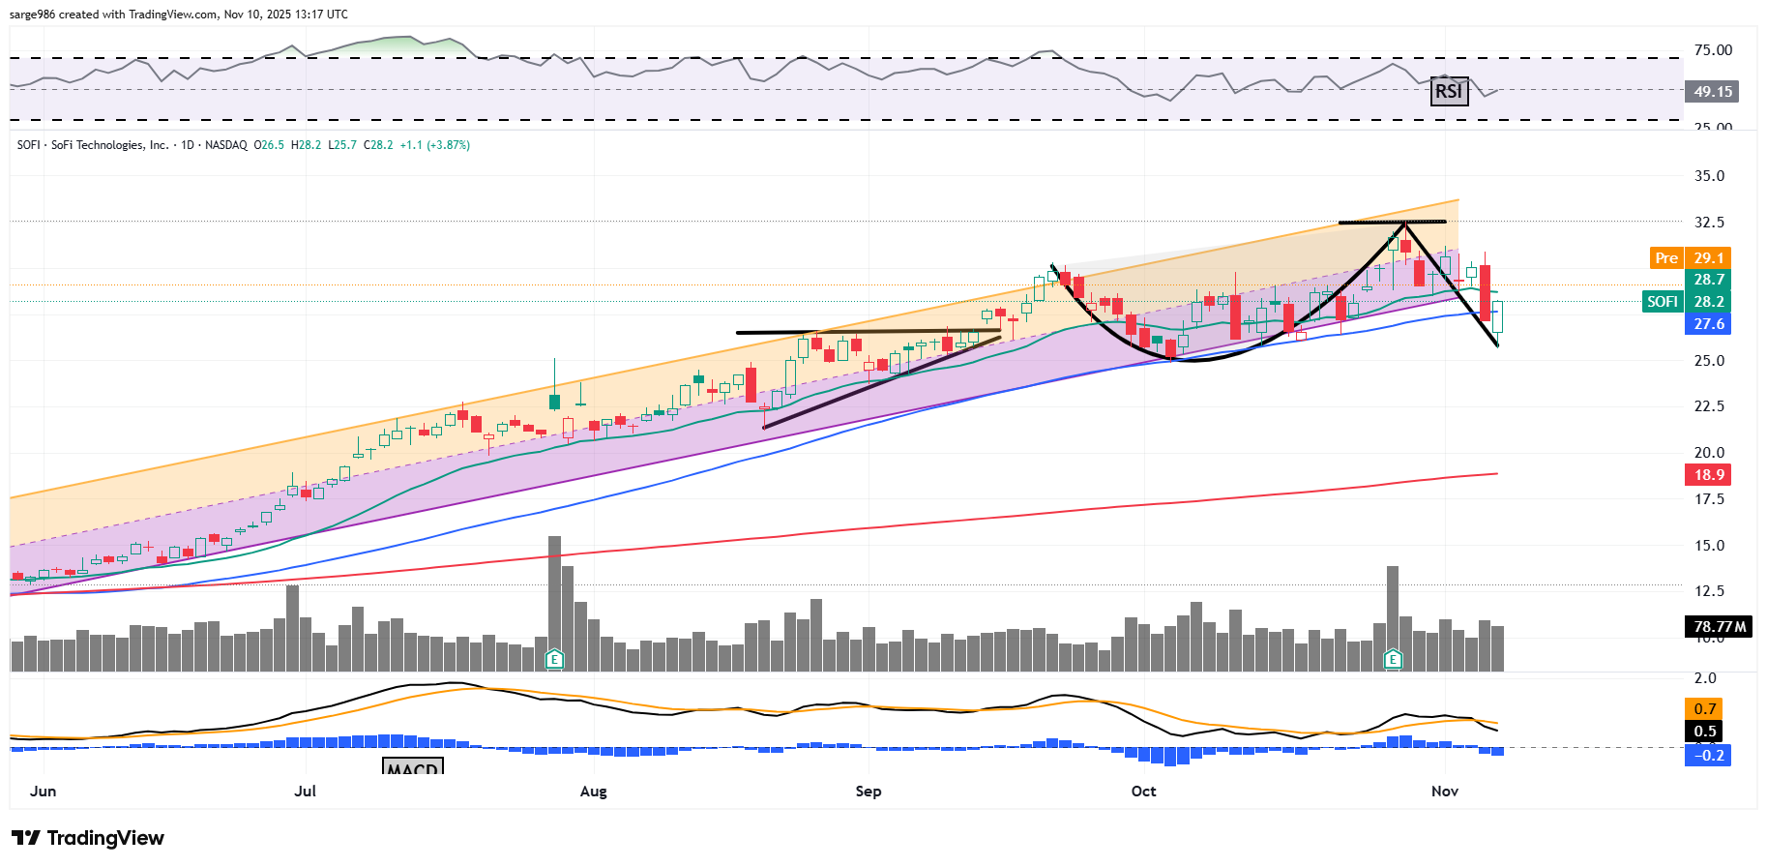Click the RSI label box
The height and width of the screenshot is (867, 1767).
coord(1448,91)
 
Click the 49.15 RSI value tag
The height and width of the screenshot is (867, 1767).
coord(1712,92)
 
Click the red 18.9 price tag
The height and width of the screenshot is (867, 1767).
coord(1709,475)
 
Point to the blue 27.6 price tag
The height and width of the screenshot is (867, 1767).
coord(1709,324)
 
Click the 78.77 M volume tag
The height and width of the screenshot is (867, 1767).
coord(1720,627)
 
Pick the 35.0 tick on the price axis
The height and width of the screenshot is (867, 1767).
coord(1709,176)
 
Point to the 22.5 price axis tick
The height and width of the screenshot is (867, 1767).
coord(1709,406)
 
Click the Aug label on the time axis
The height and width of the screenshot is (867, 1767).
coord(593,792)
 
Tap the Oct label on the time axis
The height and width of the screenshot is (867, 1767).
coord(1143,792)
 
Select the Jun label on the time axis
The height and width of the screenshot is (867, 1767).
coord(44,792)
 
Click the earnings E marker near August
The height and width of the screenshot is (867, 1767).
coord(554,660)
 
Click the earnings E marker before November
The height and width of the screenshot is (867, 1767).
coord(1393,660)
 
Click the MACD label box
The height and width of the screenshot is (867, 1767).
coord(413,767)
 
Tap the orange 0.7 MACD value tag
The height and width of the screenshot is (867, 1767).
coord(1706,709)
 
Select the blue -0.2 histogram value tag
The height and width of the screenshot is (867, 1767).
coord(1708,756)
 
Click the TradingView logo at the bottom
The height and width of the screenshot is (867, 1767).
coord(88,838)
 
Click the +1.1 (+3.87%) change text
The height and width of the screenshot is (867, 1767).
coord(435,145)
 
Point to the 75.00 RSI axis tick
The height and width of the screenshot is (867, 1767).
coord(1713,50)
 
